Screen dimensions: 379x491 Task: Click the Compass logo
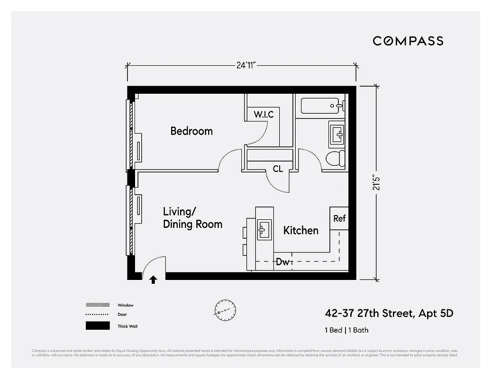408,41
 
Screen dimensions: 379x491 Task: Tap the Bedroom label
191,131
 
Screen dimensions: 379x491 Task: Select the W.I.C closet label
264,115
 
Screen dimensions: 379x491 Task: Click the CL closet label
278,169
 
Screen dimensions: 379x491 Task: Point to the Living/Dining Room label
192,218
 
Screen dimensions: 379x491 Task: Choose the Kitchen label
300,231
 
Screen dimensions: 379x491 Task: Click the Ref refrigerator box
339,219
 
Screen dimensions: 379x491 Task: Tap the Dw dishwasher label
283,262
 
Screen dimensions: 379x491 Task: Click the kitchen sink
264,230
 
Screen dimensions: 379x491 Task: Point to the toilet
336,158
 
